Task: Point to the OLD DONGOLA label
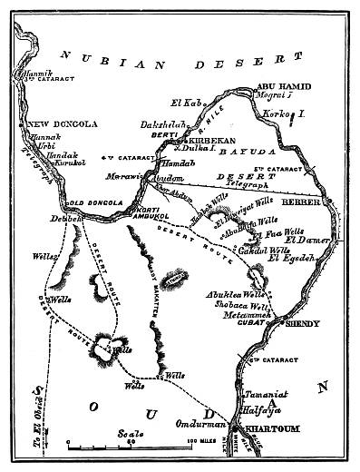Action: pyautogui.click(x=91, y=202)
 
